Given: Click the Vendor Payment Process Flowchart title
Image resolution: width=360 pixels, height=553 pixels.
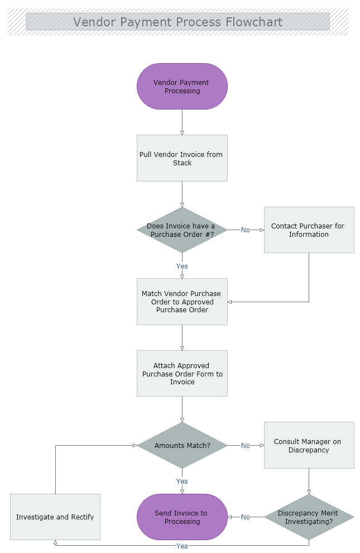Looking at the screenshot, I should point(178,22).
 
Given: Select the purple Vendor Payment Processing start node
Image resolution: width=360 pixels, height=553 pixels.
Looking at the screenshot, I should point(182,87).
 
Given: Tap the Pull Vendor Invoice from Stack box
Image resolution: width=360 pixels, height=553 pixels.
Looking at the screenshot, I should point(182,158).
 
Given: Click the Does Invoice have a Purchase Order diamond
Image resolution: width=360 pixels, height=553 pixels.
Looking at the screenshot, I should point(182,230).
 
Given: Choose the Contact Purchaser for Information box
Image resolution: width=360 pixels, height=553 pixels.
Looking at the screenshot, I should point(309,230).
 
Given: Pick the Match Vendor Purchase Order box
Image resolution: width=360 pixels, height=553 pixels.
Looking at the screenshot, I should point(182,302).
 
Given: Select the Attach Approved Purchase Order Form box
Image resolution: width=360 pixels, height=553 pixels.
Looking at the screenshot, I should point(182,374).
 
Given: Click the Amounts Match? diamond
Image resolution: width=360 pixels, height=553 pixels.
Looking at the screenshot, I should point(182,446).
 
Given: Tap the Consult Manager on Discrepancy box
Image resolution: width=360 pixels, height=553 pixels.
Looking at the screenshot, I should point(309,445).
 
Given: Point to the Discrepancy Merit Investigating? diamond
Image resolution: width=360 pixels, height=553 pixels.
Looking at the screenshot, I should point(309,517).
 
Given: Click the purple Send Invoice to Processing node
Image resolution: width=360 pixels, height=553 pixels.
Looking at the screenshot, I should point(182,517).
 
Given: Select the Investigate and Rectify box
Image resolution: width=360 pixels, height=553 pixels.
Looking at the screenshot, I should point(55,517).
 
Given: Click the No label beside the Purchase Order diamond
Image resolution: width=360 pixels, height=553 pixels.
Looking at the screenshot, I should point(246,230).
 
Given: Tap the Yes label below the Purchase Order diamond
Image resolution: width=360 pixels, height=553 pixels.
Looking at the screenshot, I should point(182,266).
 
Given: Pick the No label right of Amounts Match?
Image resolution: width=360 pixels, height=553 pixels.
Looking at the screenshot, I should point(246,446).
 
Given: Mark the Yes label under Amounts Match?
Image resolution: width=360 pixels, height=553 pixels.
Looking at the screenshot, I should point(182,482).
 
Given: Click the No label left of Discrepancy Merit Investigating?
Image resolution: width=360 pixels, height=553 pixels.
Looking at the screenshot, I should point(246,517).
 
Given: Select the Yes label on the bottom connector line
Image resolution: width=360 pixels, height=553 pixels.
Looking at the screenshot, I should point(182,546).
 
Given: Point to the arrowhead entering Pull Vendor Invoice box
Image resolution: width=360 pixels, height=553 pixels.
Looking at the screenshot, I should point(182,132).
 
